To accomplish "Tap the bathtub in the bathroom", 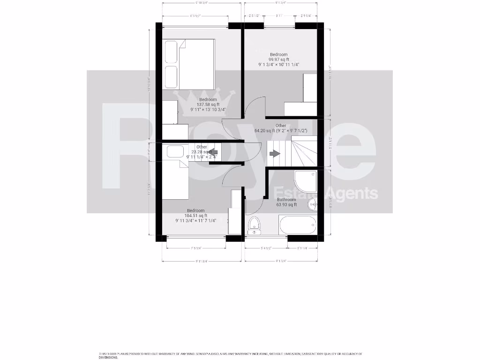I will (297, 225).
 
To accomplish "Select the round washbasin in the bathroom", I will (313, 204).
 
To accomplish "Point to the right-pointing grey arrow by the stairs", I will (275, 153).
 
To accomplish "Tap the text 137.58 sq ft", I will (208, 105).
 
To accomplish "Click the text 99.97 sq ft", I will (278, 60).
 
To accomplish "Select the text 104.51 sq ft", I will (196, 216).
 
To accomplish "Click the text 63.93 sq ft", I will (286, 205).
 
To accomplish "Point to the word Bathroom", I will (286, 200).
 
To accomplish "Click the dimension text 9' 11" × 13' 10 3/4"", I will (208, 110).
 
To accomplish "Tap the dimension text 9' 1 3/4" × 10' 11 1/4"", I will (278, 65).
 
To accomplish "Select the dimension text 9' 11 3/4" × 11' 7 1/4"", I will (196, 221).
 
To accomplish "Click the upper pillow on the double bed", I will (171, 51).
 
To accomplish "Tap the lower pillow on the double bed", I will (171, 76).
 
